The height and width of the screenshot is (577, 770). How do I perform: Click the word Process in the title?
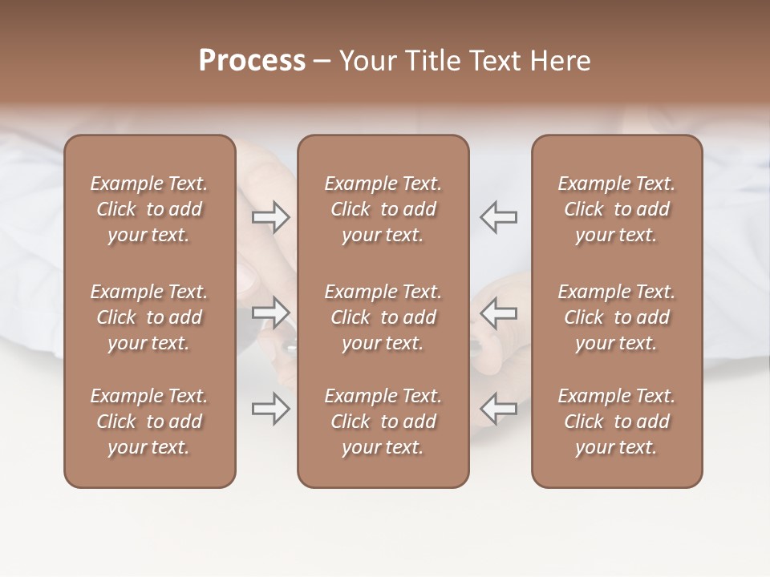252,61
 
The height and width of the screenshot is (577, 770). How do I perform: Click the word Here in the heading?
562,61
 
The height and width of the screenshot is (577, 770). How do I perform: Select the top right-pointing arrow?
271,217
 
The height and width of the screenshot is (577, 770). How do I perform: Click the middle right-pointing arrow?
271,313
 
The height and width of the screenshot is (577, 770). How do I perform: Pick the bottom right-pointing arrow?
271,409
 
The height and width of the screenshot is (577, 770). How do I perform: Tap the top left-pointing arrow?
499,217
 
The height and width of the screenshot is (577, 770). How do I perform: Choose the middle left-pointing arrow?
499,313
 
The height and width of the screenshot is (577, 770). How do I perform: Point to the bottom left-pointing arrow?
499,409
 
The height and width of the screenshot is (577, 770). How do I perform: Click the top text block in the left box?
149,209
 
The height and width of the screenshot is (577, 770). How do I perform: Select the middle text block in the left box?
149,317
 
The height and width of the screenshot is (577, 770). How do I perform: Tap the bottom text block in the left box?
149,422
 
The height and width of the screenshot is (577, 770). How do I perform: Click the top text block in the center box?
383,209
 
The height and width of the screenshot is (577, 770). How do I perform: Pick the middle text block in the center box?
383,317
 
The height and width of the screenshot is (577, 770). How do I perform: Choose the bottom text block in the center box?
383,422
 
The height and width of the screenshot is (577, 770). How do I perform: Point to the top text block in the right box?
617,209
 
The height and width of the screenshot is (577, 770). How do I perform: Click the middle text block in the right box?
617,317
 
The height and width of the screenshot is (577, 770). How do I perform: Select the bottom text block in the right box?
617,422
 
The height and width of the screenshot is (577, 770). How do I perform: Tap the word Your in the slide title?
365,61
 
